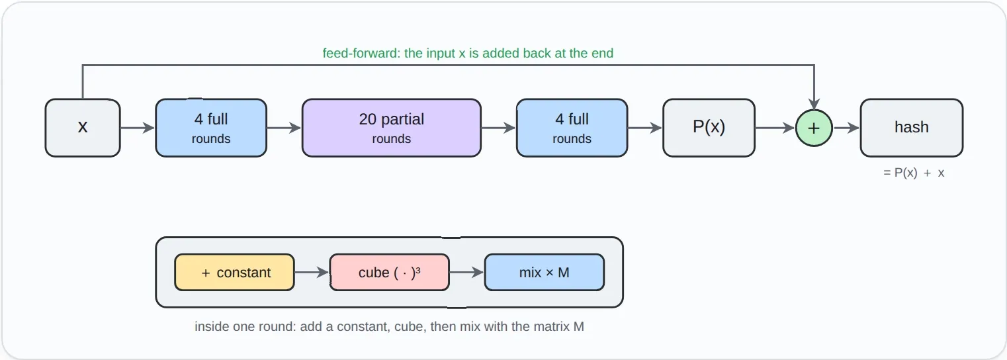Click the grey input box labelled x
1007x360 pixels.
point(83,128)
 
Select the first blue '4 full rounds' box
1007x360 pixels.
point(211,128)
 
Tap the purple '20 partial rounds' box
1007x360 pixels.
point(392,128)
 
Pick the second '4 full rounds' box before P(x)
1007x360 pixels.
point(572,128)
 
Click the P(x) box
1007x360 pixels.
point(709,128)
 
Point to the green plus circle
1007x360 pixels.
point(814,128)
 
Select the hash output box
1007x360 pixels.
point(912,128)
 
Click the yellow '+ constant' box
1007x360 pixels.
point(235,273)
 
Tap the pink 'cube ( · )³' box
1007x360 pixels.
point(389,273)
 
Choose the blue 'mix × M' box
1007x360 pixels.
point(545,273)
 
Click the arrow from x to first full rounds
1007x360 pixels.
point(138,128)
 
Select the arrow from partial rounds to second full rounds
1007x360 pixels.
point(499,128)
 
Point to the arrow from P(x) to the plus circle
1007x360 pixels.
point(775,128)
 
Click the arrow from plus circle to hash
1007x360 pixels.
point(846,128)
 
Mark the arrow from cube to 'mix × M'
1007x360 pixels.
point(466,273)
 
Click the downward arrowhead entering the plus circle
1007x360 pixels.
point(814,105)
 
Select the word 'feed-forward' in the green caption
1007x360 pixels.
point(360,53)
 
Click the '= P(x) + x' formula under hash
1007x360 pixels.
point(914,173)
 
